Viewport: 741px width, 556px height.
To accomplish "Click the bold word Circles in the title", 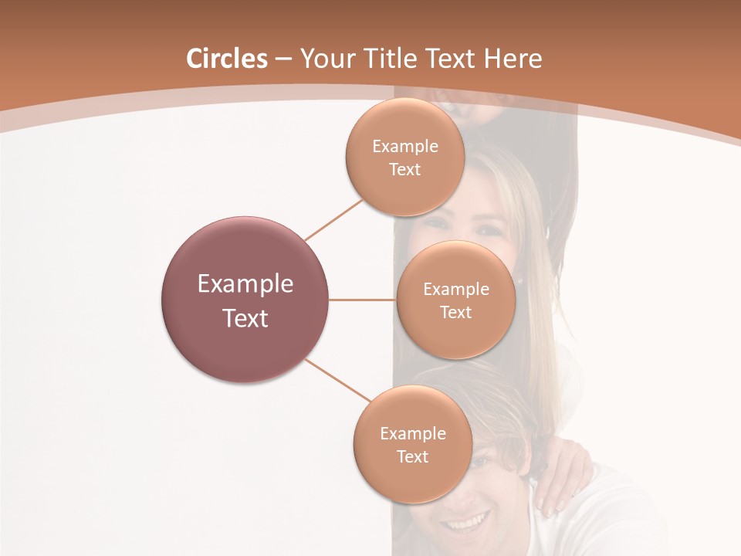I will tap(226, 59).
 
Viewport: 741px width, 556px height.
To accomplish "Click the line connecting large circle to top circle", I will tap(333, 219).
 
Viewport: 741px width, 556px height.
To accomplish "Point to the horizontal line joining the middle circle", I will tap(363, 300).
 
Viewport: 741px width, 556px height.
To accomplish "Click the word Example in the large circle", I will tap(245, 284).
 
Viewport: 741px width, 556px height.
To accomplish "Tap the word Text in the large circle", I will tap(245, 318).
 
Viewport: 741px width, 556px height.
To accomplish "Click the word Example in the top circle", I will tap(405, 147).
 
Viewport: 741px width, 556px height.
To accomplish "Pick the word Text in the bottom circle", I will tap(412, 456).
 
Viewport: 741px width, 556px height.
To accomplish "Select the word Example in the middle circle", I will tap(456, 290).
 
